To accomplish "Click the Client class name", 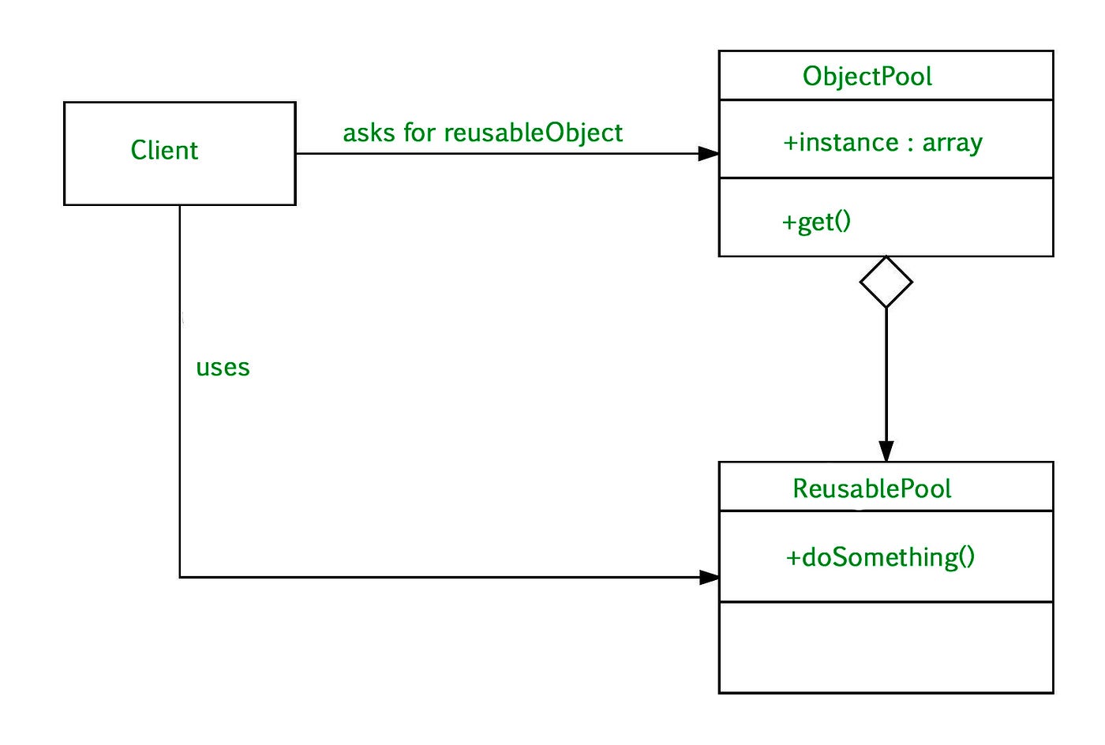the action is tap(164, 150).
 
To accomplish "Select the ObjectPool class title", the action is tap(867, 77).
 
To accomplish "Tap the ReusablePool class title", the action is tap(871, 489).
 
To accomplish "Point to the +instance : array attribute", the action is tap(882, 143).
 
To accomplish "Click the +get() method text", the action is tap(816, 222).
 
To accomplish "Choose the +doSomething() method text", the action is tap(880, 557).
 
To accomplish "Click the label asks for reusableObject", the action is tap(482, 133).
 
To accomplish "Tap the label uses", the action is tap(223, 368).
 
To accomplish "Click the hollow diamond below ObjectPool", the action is tap(886, 283).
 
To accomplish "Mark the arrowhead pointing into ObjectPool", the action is tap(709, 154).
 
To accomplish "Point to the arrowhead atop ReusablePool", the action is tap(886, 452).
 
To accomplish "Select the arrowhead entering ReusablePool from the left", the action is tap(710, 577).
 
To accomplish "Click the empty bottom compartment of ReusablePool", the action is tap(886, 647).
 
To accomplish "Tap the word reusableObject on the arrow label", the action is tap(534, 133).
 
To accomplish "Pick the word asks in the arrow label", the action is tap(369, 133).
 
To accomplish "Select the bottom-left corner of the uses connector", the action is tap(180, 577).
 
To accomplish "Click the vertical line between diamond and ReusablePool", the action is tap(886, 375).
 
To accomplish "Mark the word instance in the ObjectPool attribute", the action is tap(849, 143).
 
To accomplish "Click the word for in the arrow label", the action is tap(419, 133).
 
